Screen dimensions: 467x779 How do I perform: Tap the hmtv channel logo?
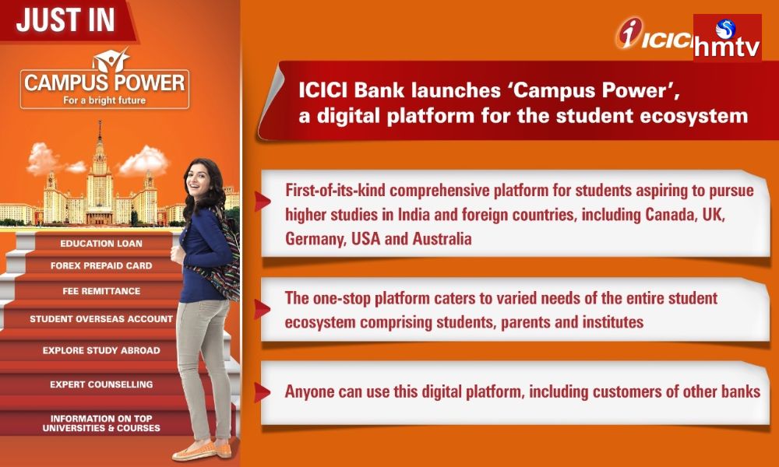(727, 39)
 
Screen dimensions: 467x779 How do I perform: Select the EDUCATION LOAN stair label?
(100, 244)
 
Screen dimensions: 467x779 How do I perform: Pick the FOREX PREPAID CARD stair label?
(101, 265)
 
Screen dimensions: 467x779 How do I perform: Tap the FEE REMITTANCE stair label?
(101, 291)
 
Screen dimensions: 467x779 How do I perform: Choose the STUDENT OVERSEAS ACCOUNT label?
(101, 319)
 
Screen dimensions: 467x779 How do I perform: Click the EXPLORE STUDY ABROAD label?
(101, 350)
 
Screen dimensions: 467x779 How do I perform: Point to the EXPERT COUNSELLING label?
(101, 384)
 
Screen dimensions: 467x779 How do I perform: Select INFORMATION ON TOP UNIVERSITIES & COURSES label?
(101, 423)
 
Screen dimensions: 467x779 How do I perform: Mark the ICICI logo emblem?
(628, 34)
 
